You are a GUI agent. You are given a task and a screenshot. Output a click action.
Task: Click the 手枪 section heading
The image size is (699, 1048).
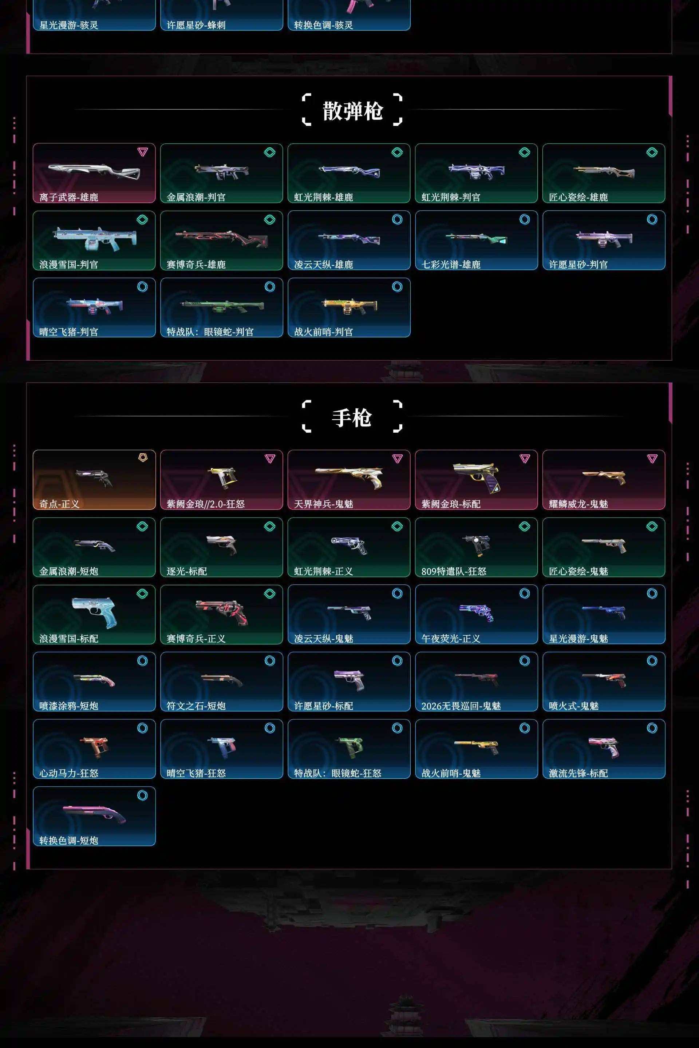point(352,417)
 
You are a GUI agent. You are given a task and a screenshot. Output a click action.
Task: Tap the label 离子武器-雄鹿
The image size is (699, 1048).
point(69,197)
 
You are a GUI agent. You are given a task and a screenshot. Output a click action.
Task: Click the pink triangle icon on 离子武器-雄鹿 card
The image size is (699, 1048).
point(142,152)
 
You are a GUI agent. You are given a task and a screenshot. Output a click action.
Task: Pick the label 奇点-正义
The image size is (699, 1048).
point(59,504)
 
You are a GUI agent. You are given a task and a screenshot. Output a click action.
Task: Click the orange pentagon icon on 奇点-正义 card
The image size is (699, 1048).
point(143,458)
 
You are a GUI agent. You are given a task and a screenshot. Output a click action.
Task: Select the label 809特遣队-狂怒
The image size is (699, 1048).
point(454,571)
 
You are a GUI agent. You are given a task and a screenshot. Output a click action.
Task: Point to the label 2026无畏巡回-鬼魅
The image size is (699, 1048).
point(461,706)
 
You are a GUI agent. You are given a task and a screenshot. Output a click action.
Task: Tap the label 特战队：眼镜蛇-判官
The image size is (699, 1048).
point(210,332)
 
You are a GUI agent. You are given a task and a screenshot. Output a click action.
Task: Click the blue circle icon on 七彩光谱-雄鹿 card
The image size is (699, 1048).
point(525,219)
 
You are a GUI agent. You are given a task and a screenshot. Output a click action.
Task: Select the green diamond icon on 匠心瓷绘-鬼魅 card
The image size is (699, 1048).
point(652,526)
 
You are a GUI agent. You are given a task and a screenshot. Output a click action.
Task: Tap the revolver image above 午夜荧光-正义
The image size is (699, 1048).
point(476,612)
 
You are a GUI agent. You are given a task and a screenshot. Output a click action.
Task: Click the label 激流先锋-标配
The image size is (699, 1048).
point(578,773)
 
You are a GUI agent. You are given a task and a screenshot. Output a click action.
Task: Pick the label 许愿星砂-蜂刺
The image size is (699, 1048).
point(196,25)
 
